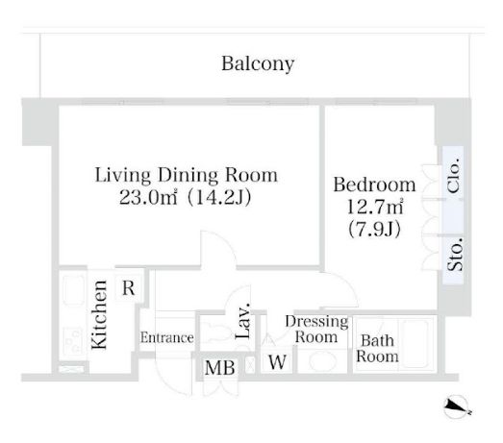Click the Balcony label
[258, 64]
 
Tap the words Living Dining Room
[186, 176]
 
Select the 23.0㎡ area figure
[148, 197]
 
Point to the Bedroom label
[374, 185]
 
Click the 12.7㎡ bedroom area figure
[375, 207]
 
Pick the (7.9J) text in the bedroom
[374, 230]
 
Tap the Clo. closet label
[454, 175]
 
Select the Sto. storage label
[455, 255]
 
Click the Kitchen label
[99, 315]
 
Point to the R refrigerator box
[128, 288]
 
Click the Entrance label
[166, 338]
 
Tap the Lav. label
[242, 321]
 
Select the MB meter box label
[220, 368]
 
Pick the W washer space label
[277, 362]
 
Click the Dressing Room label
[316, 330]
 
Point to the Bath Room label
[377, 349]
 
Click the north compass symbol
[456, 406]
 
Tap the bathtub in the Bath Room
[415, 344]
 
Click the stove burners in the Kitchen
[73, 341]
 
